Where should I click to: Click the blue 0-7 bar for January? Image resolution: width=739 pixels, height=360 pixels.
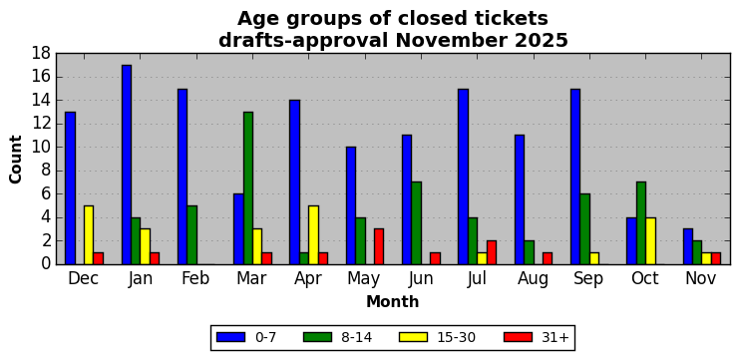coord(127,165)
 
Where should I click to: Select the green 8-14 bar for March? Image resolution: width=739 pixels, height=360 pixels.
coord(248,188)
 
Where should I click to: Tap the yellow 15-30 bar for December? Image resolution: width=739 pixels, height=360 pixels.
coord(89,235)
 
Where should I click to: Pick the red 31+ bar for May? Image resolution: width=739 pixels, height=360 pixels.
coord(379,247)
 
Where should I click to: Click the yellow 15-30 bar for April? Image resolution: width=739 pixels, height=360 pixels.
coord(313,235)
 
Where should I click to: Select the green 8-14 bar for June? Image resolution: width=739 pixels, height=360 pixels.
coord(416,223)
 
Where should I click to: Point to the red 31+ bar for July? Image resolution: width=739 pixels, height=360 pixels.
coord(491,252)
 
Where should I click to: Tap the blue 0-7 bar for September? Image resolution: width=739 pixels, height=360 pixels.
coord(575,177)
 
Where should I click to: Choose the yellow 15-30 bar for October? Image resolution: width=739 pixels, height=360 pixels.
coord(650,241)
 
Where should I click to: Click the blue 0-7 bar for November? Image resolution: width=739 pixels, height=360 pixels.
coord(687,247)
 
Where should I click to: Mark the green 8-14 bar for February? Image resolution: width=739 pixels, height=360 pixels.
coord(191,235)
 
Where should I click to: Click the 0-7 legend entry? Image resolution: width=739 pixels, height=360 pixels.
coord(246,337)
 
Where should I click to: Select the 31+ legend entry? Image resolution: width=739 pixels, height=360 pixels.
coord(537,337)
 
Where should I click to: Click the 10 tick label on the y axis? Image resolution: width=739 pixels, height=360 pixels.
coord(41,148)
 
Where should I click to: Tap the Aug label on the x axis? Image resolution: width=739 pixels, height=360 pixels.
coord(533,279)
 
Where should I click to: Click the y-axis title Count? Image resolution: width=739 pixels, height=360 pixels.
coord(16,160)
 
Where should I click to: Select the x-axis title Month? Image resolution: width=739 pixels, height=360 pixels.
coord(393,301)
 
